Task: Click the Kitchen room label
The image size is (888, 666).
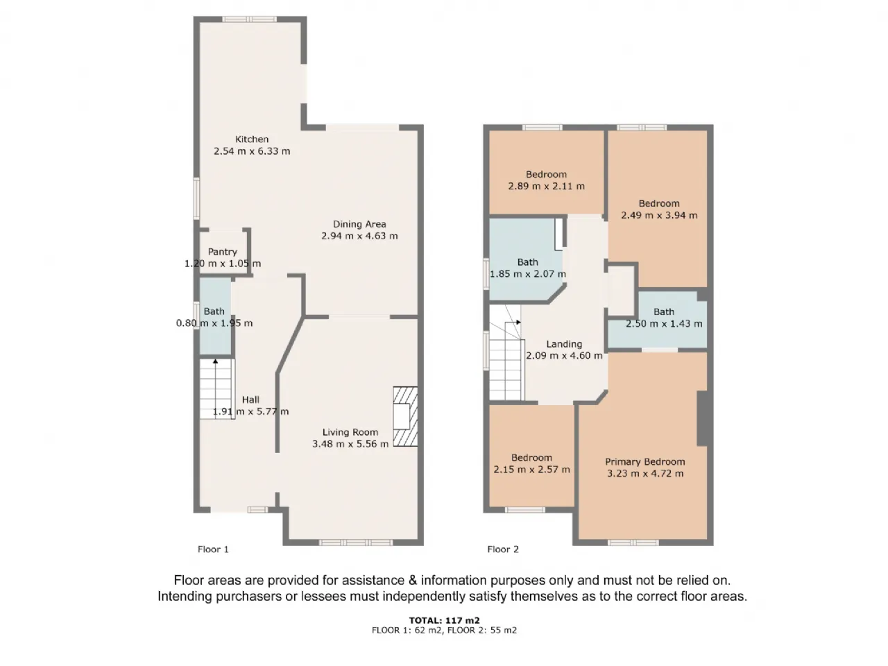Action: click(252, 139)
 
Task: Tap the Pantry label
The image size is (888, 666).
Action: click(222, 252)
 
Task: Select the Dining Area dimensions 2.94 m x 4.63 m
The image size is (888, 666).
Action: click(359, 236)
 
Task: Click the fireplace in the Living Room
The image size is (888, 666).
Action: click(405, 416)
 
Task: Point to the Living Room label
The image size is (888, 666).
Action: click(350, 432)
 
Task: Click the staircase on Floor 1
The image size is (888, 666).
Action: click(217, 388)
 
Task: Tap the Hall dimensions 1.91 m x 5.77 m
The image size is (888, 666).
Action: click(250, 411)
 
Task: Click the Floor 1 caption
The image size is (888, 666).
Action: click(213, 549)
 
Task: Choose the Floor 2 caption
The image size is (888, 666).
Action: click(502, 549)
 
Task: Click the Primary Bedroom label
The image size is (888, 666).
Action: click(645, 462)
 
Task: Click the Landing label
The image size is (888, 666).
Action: click(564, 344)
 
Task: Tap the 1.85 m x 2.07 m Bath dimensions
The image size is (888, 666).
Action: click(527, 274)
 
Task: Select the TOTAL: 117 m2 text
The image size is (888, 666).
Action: click(444, 620)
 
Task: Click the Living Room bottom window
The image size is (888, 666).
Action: click(356, 543)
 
